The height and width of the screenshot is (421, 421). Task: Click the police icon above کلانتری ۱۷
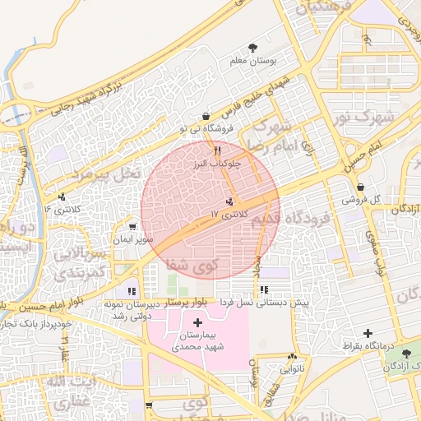click(x=229, y=201)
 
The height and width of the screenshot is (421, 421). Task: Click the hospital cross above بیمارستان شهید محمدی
click(x=197, y=322)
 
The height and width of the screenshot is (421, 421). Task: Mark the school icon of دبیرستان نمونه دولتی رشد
click(x=132, y=291)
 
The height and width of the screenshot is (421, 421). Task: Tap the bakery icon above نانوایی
click(x=292, y=356)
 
